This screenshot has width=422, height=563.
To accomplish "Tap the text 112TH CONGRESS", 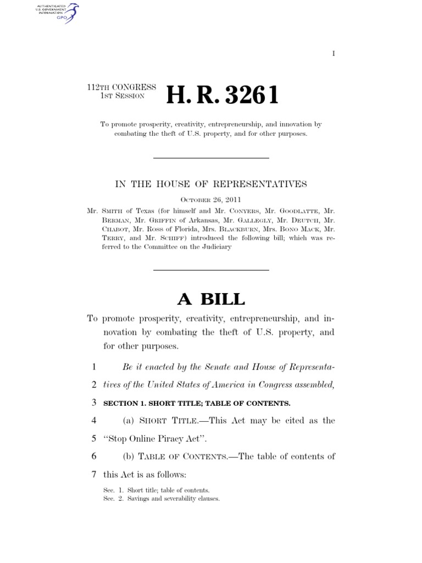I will click(121, 87).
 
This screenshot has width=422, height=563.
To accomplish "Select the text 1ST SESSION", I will click(122, 96).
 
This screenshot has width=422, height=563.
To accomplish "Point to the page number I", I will click(334, 53).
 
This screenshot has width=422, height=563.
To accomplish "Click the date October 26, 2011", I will click(210, 200).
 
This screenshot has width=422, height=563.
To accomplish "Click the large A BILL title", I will click(210, 299).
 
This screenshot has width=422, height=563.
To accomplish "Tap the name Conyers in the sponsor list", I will click(220, 210).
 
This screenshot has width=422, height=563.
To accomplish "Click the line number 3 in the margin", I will click(94, 403).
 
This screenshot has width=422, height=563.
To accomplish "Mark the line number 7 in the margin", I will click(94, 474).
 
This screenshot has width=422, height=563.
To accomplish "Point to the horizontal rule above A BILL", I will click(210, 270).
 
